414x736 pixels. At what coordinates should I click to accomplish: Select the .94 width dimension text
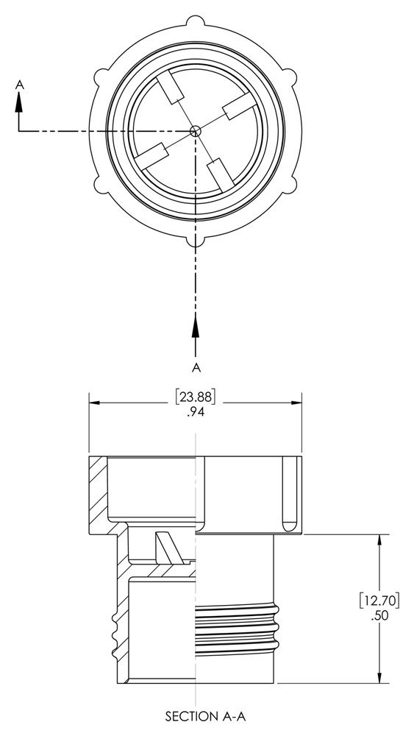(x=196, y=413)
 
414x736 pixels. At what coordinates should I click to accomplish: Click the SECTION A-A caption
(x=196, y=715)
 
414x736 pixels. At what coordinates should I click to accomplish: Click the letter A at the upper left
(x=20, y=85)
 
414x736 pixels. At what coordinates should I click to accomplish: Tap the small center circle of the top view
(x=195, y=130)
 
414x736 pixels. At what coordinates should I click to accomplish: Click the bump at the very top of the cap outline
(x=196, y=21)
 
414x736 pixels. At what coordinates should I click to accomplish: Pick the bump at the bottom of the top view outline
(x=196, y=239)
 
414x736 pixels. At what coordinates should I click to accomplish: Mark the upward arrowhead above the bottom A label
(x=196, y=324)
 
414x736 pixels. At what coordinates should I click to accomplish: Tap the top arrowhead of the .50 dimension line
(x=379, y=541)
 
